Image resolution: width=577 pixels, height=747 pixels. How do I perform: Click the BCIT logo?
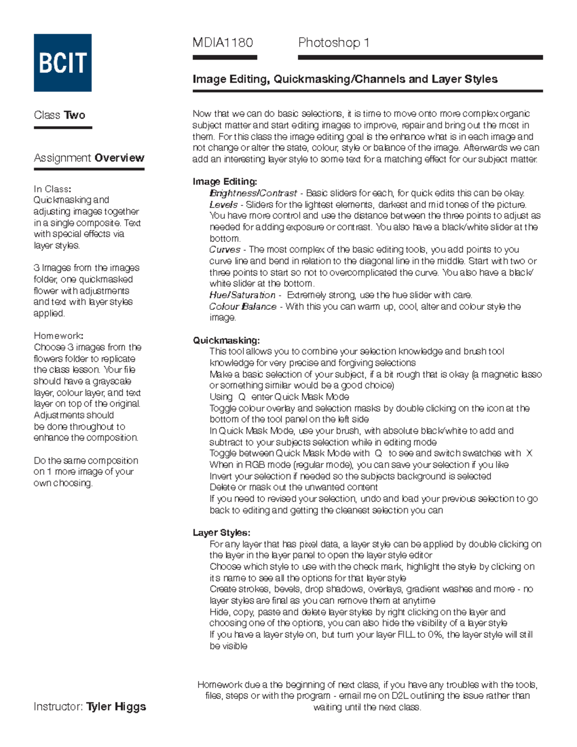tap(63, 63)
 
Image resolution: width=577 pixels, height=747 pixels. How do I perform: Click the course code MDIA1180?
tap(223, 43)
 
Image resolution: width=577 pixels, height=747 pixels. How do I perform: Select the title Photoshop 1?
tap(334, 43)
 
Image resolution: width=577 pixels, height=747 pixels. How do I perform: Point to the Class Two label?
tap(60, 115)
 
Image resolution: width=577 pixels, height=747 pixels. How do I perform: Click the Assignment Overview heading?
tap(89, 158)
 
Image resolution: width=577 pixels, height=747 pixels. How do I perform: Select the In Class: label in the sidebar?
tap(52, 189)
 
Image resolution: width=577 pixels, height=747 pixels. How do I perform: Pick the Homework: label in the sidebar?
tap(58, 336)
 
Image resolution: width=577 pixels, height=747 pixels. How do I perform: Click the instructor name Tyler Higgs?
tap(116, 707)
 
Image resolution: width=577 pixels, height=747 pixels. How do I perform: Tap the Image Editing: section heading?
tap(225, 181)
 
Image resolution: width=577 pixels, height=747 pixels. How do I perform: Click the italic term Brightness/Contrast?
tap(253, 193)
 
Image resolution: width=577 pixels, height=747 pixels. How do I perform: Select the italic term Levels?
tap(224, 204)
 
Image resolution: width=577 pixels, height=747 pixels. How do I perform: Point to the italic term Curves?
tap(225, 250)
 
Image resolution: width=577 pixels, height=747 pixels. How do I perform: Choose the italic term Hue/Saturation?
tap(242, 295)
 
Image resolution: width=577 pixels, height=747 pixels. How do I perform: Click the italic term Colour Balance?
tap(242, 306)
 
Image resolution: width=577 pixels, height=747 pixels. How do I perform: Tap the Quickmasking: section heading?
tap(226, 341)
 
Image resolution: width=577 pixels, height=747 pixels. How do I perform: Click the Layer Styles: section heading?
tap(221, 532)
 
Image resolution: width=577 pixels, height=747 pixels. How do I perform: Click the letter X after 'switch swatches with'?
tap(529, 453)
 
